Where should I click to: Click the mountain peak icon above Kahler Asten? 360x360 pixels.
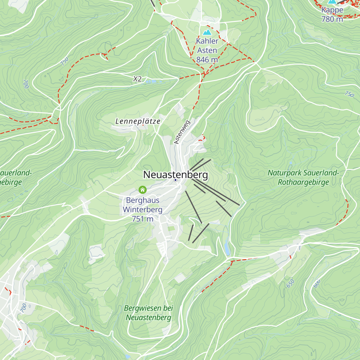click(x=206, y=32)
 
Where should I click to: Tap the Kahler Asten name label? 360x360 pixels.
click(x=207, y=46)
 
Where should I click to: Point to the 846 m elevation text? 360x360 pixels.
click(x=207, y=60)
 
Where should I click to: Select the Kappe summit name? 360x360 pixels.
click(x=332, y=10)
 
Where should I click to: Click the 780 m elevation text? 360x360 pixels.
click(x=332, y=19)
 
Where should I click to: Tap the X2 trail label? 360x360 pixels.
click(x=137, y=79)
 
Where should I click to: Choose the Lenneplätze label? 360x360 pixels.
click(x=138, y=121)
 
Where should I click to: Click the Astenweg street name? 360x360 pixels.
click(x=182, y=132)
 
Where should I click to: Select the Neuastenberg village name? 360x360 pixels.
click(x=175, y=174)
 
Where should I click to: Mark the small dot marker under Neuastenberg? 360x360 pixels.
click(x=175, y=180)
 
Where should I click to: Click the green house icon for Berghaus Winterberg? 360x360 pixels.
click(x=142, y=190)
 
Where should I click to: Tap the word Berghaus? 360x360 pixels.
click(x=143, y=200)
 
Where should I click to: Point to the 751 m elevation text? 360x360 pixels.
click(x=143, y=219)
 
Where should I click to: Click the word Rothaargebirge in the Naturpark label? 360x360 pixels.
click(x=303, y=182)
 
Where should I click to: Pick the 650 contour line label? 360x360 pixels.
click(x=290, y=283)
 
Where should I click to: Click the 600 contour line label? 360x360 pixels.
click(x=317, y=283)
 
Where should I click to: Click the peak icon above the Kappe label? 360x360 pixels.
click(x=332, y=1)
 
